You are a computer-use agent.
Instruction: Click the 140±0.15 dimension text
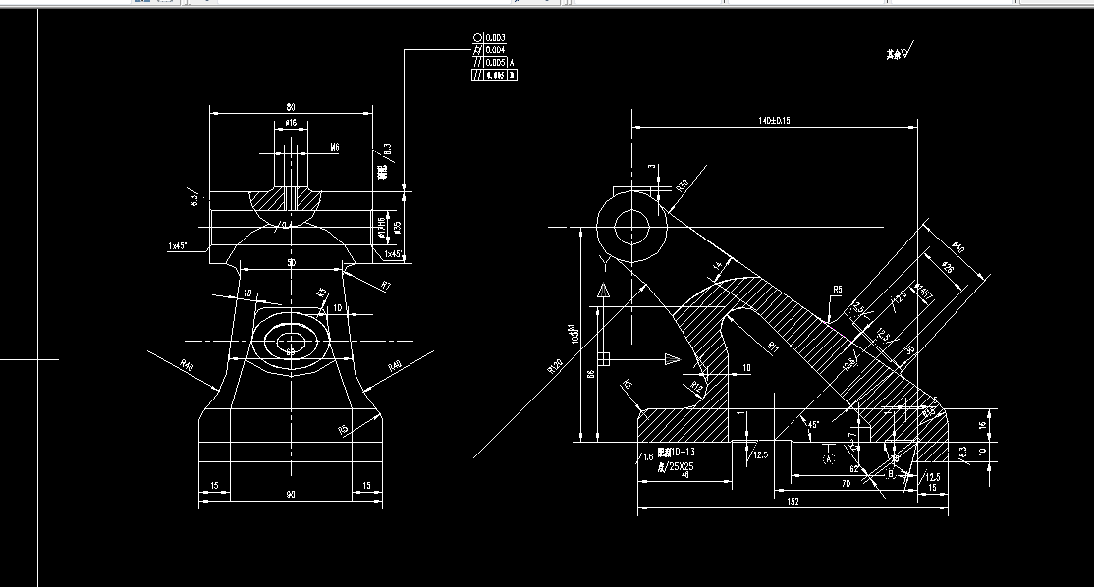pos(774,120)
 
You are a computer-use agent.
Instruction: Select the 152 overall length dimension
pos(792,501)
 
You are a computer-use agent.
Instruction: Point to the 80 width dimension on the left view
pos(291,106)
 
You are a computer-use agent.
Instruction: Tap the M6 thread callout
pos(334,147)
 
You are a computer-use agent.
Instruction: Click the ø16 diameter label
pos(291,124)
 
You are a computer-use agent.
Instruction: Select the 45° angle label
pos(812,425)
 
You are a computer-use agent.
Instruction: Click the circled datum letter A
pos(828,457)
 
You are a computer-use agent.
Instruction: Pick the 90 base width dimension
pos(291,495)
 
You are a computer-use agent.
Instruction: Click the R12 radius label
pos(697,385)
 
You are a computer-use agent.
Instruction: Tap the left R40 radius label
pos(187,364)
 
